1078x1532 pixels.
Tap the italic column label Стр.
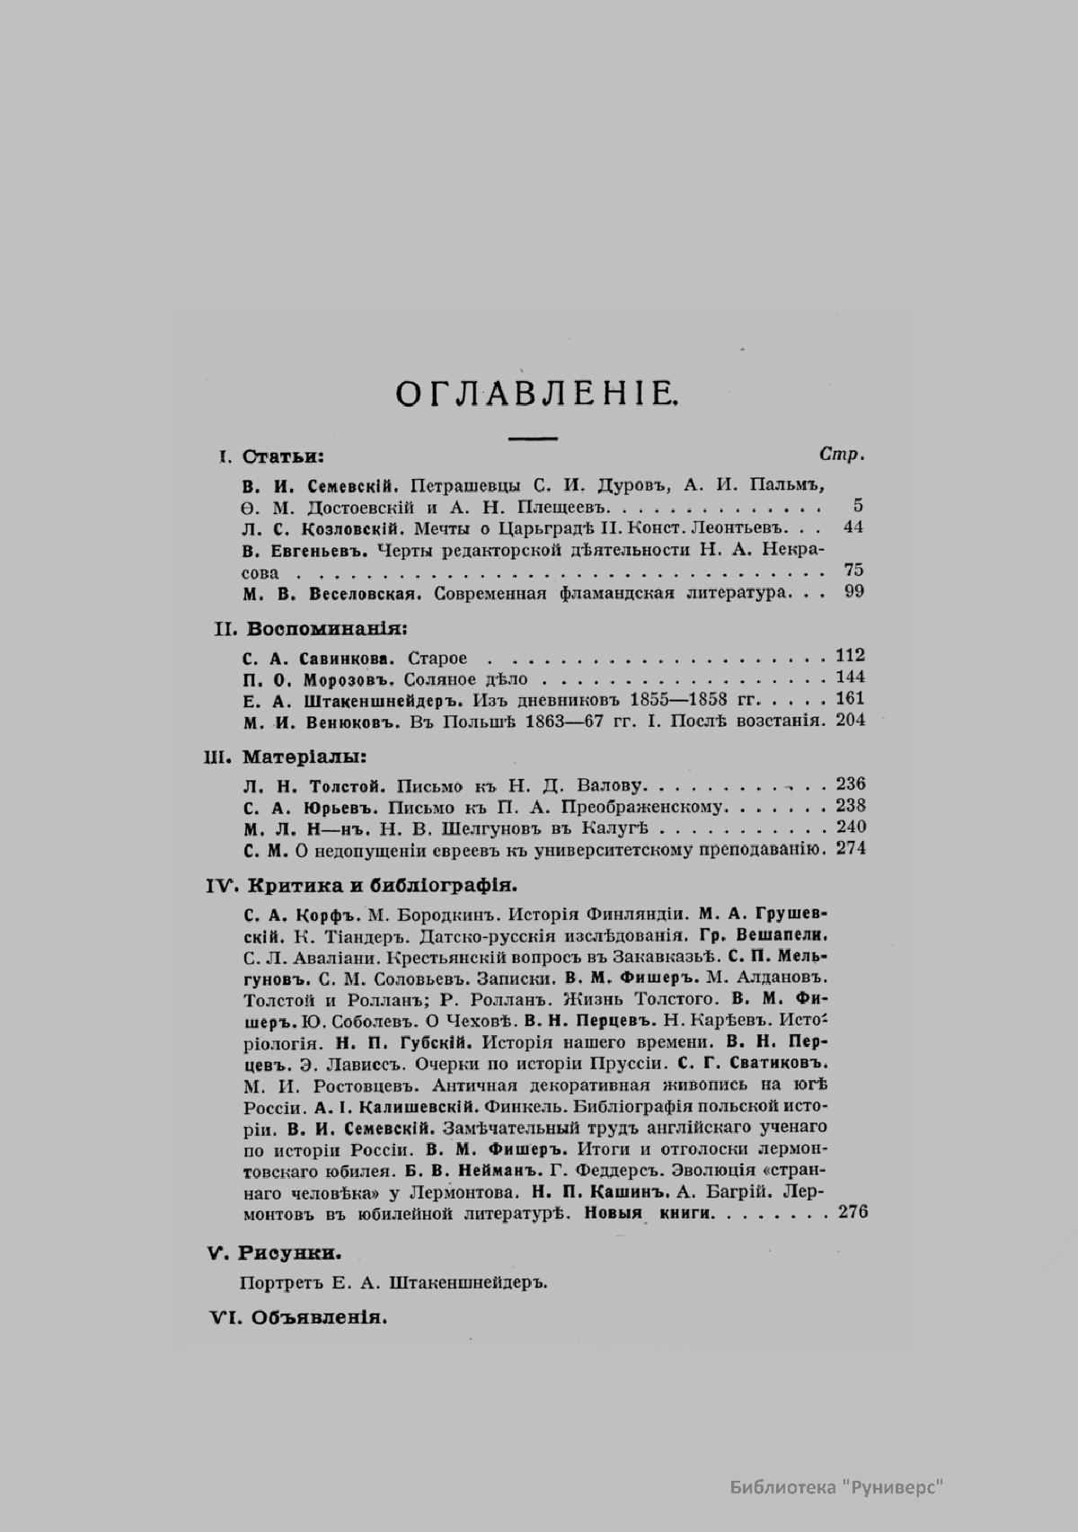pyautogui.click(x=842, y=455)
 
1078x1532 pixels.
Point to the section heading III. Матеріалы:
pyautogui.click(x=286, y=756)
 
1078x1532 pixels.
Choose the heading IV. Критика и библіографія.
pyautogui.click(x=362, y=885)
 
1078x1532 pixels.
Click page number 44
pyautogui.click(x=853, y=527)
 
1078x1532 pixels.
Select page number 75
pyautogui.click(x=853, y=571)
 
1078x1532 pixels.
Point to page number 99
pyautogui.click(x=853, y=592)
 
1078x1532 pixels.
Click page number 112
pyautogui.click(x=850, y=656)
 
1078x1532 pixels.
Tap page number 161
pyautogui.click(x=850, y=699)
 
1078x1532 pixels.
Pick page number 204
pyautogui.click(x=850, y=721)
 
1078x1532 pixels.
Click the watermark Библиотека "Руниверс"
pyautogui.click(x=835, y=1487)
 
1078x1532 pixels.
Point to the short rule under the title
pyautogui.click(x=533, y=438)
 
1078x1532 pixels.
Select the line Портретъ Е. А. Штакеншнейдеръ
pyautogui.click(x=394, y=1282)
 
